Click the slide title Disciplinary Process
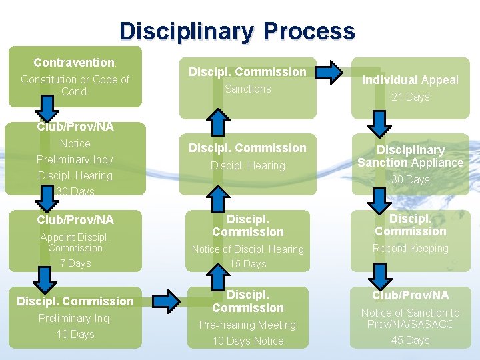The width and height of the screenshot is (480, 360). pos(237,31)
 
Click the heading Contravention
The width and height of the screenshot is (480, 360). pos(75,63)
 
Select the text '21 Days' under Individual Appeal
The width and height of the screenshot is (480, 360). pos(410,97)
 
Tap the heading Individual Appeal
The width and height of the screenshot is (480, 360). pos(410,80)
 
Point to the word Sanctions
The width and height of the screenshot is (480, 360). pos(247,89)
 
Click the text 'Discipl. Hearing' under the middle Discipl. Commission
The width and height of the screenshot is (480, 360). pos(247,165)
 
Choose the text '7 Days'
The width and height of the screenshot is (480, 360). pos(75,263)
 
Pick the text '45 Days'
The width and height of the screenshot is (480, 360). pos(410,341)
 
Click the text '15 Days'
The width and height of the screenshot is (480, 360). pos(247,265)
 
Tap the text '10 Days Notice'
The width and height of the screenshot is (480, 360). pos(247,341)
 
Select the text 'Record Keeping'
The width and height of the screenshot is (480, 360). pos(410,249)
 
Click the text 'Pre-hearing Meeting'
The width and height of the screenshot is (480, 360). pos(247,325)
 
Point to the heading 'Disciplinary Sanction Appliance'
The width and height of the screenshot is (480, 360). pos(410,156)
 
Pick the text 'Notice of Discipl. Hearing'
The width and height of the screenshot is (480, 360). pos(247,249)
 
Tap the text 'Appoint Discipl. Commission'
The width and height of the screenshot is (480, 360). pos(75,243)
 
